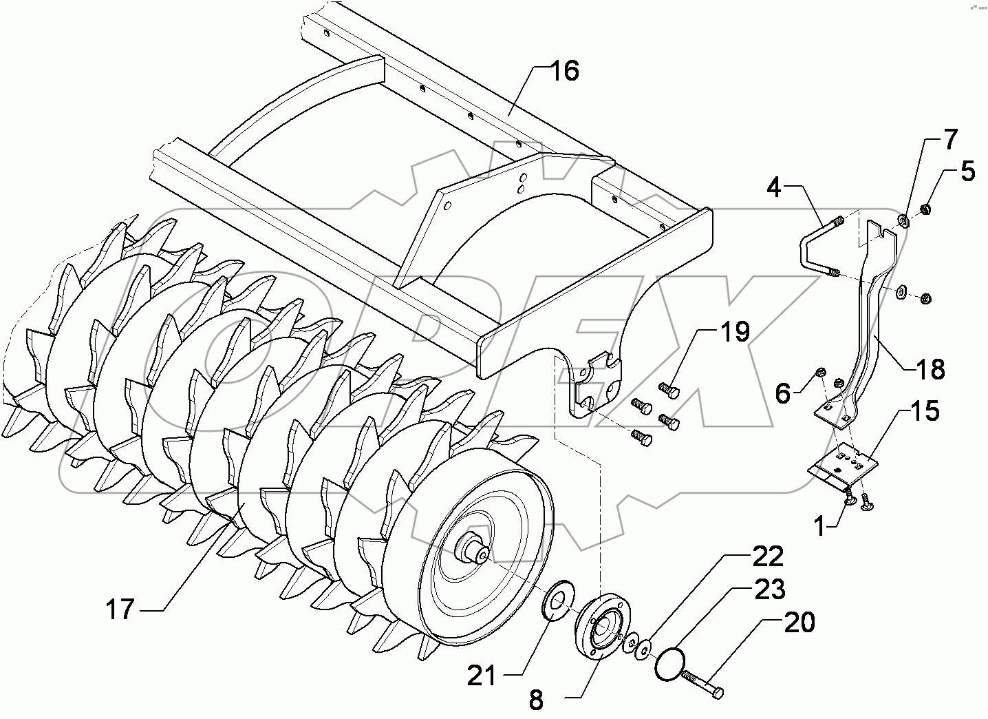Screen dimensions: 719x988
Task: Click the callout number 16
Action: (x=564, y=71)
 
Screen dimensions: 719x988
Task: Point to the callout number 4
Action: (x=775, y=187)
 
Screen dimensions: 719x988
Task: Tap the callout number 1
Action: (x=819, y=527)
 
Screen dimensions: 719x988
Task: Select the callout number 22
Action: (x=767, y=556)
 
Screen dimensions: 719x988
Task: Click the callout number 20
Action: (x=799, y=622)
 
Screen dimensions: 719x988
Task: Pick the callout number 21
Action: (x=481, y=676)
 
